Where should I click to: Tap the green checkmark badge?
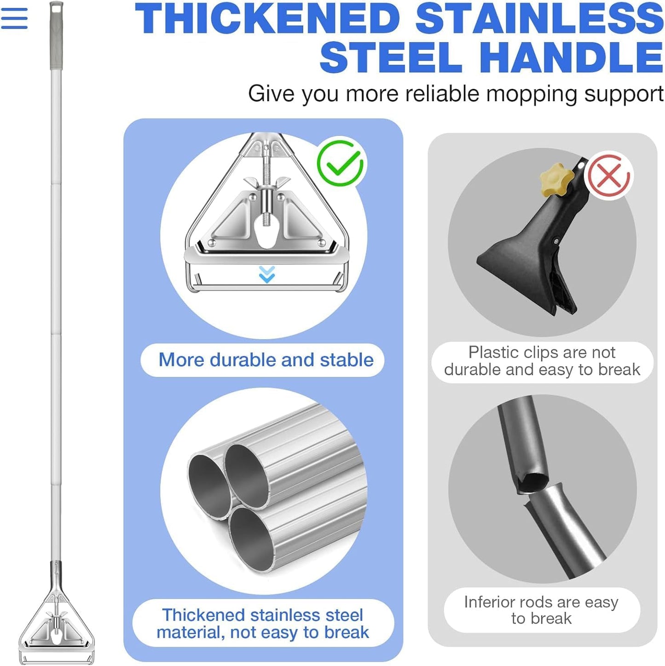click(341, 163)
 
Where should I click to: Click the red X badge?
click(609, 176)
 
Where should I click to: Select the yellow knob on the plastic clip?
click(556, 179)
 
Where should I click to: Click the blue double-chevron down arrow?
click(267, 274)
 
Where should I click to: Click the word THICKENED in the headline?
click(267, 19)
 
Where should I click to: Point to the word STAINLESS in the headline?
click(539, 19)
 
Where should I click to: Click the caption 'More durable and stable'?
click(266, 360)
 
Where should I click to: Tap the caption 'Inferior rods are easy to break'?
click(541, 610)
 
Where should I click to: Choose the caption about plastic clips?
click(542, 361)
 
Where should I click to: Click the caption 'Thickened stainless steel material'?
click(263, 624)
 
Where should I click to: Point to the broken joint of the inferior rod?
click(534, 488)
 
